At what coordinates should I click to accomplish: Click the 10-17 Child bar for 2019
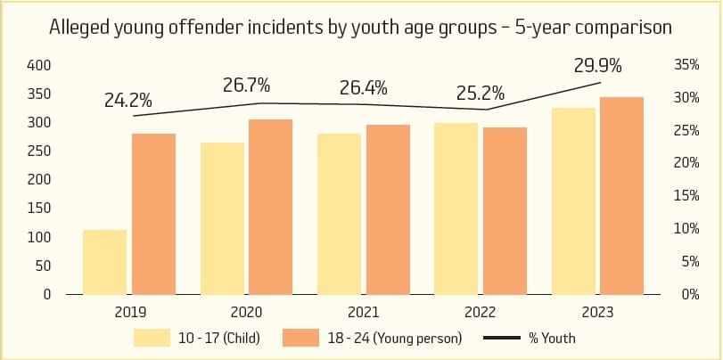(x=105, y=262)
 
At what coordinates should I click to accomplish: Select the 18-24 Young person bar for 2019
(x=153, y=214)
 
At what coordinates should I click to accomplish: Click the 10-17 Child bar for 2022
(x=456, y=209)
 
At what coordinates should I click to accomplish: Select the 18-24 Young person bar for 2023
(x=621, y=195)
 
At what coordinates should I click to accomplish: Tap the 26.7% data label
(x=246, y=86)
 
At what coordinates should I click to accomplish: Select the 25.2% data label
(x=481, y=93)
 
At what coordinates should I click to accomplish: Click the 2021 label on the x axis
(x=364, y=313)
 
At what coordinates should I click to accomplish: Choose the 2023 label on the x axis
(x=597, y=313)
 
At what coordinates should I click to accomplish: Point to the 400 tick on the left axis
(x=40, y=65)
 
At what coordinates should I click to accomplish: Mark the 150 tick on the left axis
(x=40, y=209)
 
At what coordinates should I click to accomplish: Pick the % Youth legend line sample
(x=503, y=338)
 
